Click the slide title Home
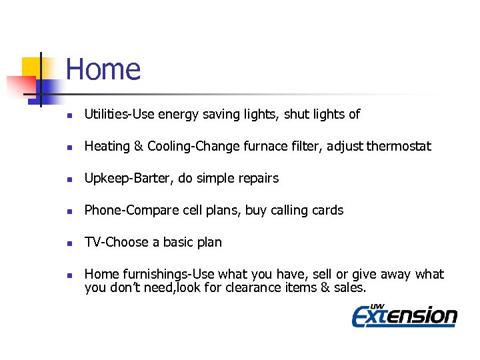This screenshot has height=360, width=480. coord(103,69)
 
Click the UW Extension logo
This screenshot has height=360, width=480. coord(404,314)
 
